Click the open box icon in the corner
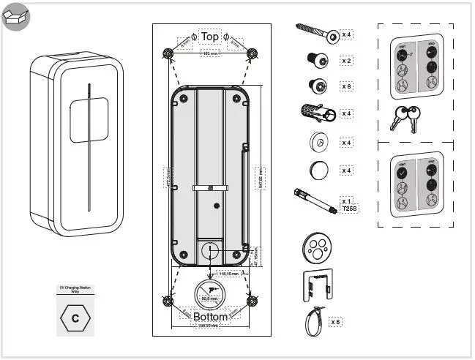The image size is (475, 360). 15,16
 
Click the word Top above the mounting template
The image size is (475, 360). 210,36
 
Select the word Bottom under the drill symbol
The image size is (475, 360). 210,317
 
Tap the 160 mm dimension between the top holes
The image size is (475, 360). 210,53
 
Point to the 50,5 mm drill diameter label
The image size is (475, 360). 209,299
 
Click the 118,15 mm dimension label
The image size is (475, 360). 229,273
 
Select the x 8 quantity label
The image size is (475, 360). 346,86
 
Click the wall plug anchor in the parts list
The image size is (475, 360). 317,113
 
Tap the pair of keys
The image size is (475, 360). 405,117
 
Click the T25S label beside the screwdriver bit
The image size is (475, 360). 349,208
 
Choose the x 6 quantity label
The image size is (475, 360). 336,321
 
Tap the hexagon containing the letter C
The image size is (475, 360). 75,318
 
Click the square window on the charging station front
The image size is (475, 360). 89,121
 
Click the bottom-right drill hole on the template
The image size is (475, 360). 252,301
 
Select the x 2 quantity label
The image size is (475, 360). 346,60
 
